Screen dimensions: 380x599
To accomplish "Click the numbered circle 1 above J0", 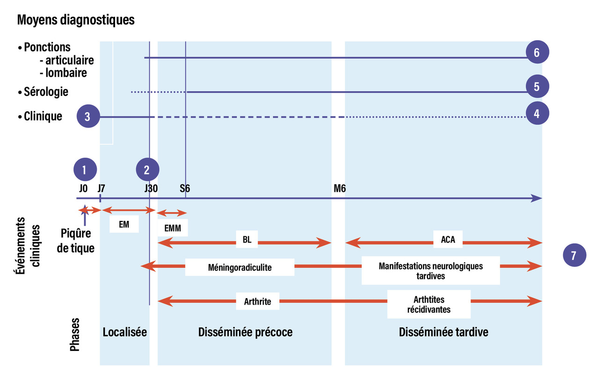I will coord(84,170).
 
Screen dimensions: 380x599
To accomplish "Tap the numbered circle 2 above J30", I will coord(147,170).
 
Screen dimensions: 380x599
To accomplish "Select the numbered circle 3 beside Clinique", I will coord(88,117).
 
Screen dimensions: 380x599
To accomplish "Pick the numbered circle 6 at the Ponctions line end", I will coord(537,53).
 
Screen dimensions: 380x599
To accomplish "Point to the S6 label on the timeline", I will coord(185,189).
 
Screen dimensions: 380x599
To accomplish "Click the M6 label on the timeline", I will coord(340,189).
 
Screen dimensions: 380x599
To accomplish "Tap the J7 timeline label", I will coord(101,189).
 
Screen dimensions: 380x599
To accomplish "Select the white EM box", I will coord(124,224).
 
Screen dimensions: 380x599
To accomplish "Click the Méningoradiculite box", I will coord(240,267).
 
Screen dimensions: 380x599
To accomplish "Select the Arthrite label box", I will coord(257,301).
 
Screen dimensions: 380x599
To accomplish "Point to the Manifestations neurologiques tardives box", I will coord(431,270).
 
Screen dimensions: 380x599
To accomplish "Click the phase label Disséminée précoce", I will coord(245,332).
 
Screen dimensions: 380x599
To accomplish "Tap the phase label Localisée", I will coord(124,332).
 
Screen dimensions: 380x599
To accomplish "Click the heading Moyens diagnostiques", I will coord(75,20).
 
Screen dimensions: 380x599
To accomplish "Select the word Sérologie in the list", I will coord(46,92).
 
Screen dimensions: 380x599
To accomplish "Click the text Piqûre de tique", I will coord(75,241).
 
